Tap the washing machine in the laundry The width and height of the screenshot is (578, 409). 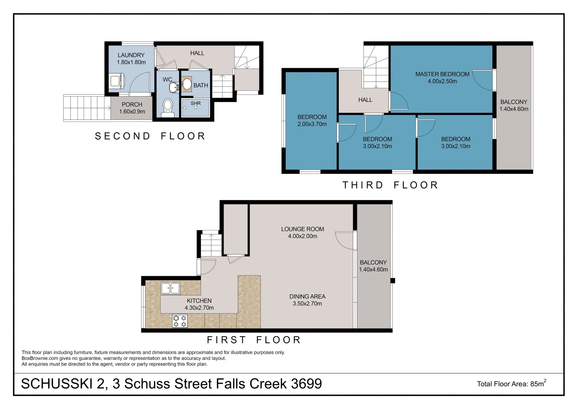click(116, 81)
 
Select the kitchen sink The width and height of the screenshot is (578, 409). click(170, 288)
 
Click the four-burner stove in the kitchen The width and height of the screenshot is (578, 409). click(180, 321)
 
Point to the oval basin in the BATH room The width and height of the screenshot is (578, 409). click(186, 84)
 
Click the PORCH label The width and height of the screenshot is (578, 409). click(132, 105)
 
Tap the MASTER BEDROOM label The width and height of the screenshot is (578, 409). click(442, 74)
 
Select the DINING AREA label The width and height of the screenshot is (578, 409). click(307, 297)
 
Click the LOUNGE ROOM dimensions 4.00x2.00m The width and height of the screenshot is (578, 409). click(302, 236)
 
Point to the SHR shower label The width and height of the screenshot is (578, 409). click(196, 103)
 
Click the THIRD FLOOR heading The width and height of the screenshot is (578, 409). click(390, 185)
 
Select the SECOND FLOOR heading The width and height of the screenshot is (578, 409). click(150, 136)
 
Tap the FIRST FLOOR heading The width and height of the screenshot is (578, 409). click(254, 340)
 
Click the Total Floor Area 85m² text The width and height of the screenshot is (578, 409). click(511, 384)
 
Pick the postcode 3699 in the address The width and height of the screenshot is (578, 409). click(306, 384)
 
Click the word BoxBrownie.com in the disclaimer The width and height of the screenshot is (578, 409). click(40, 358)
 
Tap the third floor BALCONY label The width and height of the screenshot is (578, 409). click(514, 102)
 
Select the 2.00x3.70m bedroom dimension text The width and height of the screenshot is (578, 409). click(312, 124)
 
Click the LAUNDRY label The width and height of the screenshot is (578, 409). click(131, 55)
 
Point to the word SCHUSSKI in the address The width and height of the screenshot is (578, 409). click(56, 384)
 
